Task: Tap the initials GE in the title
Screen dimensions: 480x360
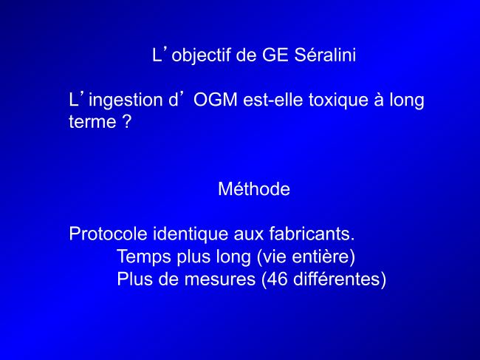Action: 275,55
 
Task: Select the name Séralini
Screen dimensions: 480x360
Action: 325,55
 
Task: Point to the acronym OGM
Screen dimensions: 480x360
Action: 215,100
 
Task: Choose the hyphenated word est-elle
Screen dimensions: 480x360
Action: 273,100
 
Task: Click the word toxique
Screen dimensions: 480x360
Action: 338,101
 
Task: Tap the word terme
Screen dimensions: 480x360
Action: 92,122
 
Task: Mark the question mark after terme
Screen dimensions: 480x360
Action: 126,121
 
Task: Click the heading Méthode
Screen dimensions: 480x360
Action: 254,189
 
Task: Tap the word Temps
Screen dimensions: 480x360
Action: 143,257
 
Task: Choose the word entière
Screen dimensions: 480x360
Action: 320,256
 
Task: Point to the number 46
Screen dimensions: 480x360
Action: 278,279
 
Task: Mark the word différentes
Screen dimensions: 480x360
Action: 336,279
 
